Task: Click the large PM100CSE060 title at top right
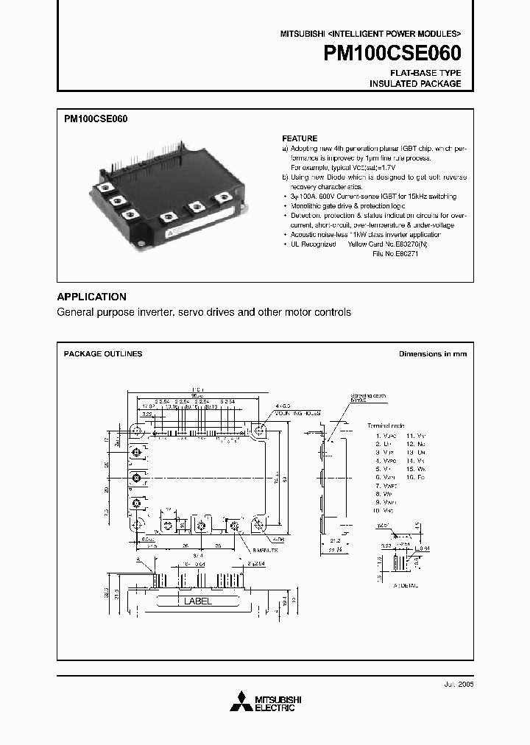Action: click(392, 54)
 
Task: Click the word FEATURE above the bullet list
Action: click(300, 138)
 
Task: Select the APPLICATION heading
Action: click(91, 297)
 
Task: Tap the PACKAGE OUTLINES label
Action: click(103, 354)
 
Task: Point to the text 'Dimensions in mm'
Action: click(433, 354)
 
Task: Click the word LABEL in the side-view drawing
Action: click(197, 601)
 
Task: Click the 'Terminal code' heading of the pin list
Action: click(386, 426)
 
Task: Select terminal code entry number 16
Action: click(416, 478)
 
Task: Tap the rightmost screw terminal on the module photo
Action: click(220, 199)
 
